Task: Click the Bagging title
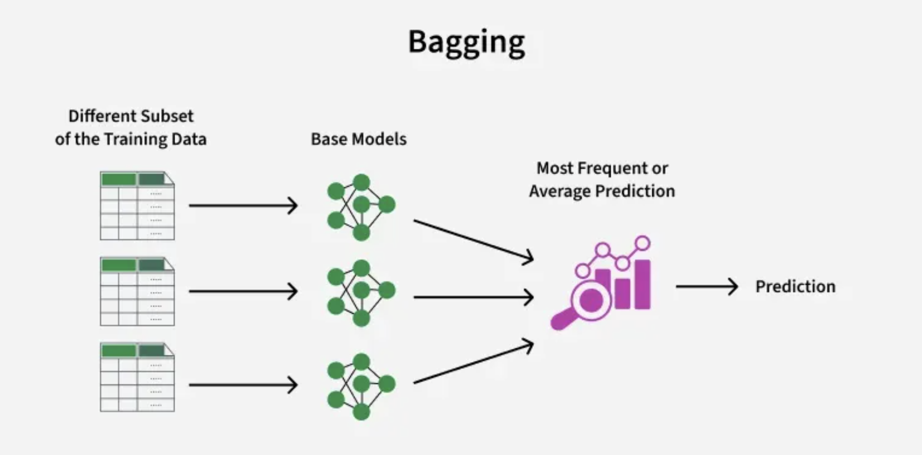[x=467, y=43]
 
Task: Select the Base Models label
[x=359, y=139]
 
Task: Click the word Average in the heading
[x=560, y=191]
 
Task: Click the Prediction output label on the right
[x=795, y=286]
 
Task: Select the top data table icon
[x=137, y=205]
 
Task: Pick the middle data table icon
[x=137, y=291]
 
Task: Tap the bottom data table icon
[x=137, y=377]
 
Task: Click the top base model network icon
[x=361, y=207]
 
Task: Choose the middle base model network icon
[x=361, y=293]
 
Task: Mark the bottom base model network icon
[x=361, y=386]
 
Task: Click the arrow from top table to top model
[x=243, y=205]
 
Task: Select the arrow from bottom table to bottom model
[x=243, y=385]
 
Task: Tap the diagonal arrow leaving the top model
[x=474, y=242]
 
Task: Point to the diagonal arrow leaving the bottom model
[x=474, y=361]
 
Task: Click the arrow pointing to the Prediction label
[x=707, y=286]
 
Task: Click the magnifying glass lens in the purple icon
[x=591, y=299]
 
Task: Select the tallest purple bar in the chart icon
[x=642, y=284]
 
